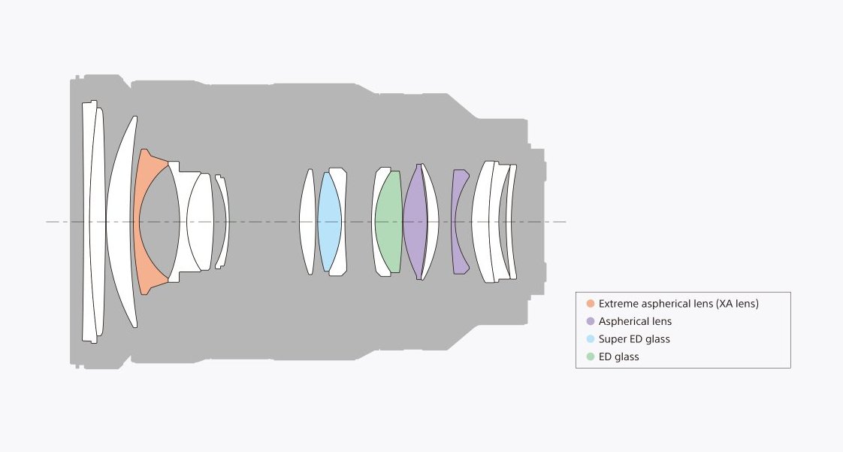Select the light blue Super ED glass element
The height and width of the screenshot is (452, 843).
329,222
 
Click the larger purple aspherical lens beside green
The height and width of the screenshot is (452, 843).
415,222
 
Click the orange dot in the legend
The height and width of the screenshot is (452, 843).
591,304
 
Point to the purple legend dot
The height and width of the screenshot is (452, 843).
591,322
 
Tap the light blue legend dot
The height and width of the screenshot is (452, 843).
591,339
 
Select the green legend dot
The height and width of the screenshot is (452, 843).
591,356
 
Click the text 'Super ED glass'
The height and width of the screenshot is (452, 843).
634,339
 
